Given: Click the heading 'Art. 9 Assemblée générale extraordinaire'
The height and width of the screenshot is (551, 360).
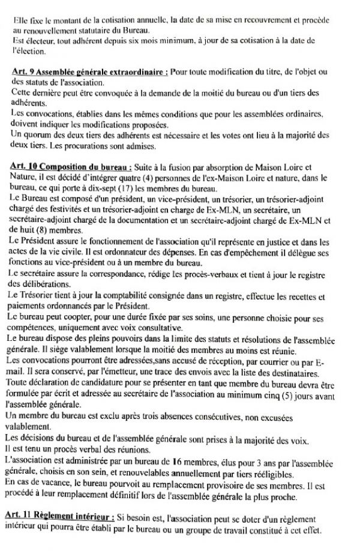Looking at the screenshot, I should (89, 72).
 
